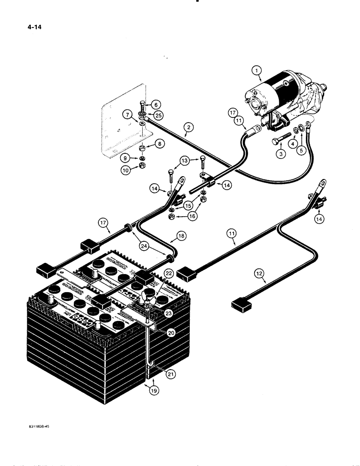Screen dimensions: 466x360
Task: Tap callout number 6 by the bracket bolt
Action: coord(155,105)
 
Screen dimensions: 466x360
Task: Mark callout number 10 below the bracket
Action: coord(126,170)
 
